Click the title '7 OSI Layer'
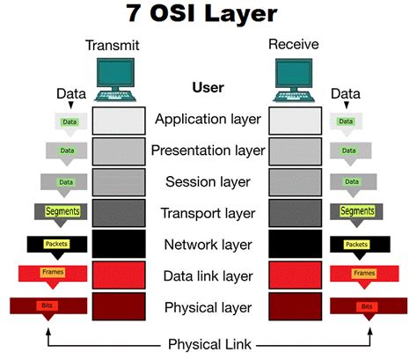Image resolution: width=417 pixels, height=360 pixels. (x=208, y=15)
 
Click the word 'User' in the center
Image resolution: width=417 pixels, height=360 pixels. (x=208, y=88)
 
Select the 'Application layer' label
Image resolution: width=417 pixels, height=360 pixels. (x=208, y=119)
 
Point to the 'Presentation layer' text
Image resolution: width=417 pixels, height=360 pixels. (x=208, y=151)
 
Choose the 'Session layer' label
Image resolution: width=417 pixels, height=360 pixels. (x=208, y=182)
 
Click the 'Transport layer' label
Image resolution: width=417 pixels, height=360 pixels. (x=208, y=213)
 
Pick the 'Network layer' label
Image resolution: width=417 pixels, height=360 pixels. (x=208, y=244)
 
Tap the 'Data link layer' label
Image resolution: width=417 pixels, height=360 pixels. (x=208, y=276)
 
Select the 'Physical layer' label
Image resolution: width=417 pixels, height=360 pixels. (x=208, y=307)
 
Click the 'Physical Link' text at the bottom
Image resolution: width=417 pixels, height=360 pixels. (x=208, y=344)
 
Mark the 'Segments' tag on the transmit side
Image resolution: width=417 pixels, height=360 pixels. (x=63, y=211)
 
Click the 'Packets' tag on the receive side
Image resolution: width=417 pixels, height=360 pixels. (x=356, y=244)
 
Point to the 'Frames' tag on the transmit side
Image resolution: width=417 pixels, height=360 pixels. (x=53, y=274)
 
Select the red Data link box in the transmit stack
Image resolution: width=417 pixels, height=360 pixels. (x=119, y=276)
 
